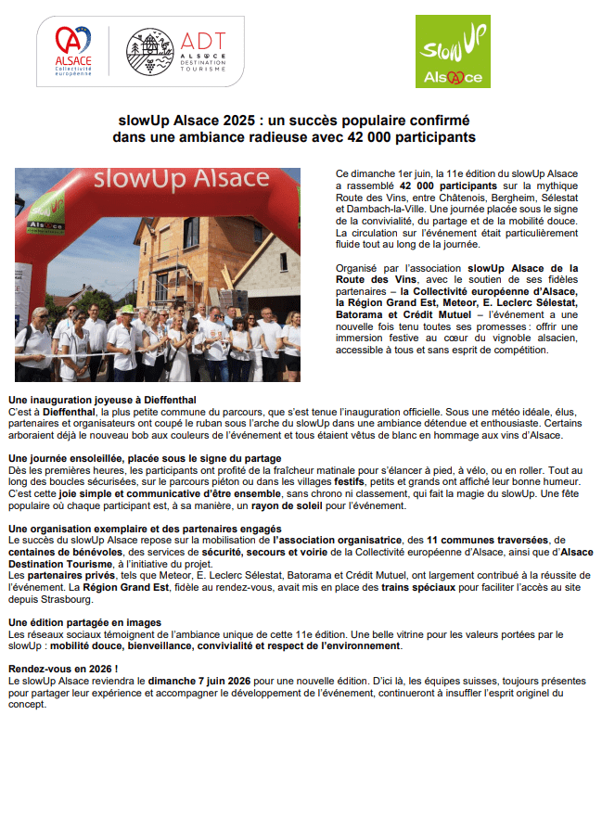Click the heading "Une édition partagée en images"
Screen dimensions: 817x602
(x=84, y=621)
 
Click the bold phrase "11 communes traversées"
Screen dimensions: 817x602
(x=485, y=540)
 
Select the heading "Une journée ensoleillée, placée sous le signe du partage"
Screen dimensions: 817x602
(x=145, y=458)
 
